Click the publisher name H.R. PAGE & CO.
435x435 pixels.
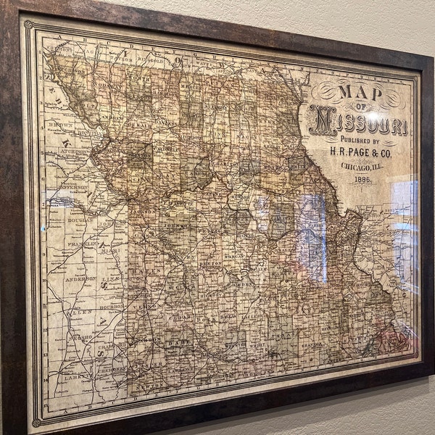pos(362,151)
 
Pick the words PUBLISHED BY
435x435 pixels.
pos(354,139)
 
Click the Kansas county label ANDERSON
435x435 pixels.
pos(80,278)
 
